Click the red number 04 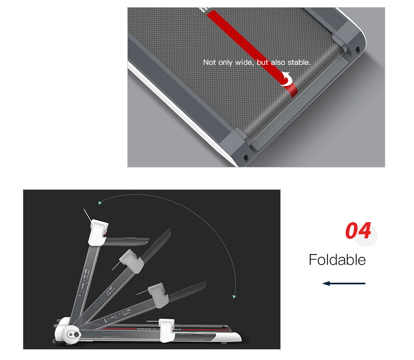358,231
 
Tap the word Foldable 337,259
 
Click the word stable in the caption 298,63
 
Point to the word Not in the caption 209,63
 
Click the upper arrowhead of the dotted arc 100,203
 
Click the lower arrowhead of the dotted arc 234,296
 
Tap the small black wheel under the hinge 54,343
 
